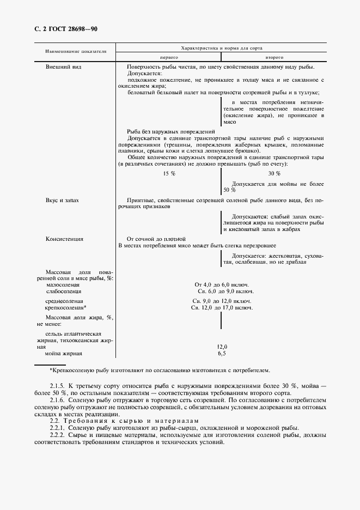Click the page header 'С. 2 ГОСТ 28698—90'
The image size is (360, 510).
63,29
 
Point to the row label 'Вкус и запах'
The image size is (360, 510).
63,200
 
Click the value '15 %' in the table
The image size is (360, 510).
169,173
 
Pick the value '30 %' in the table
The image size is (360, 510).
274,173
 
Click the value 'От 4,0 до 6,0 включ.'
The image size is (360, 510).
222,284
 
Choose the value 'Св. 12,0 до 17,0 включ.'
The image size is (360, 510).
222,308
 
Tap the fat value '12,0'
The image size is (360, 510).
222,347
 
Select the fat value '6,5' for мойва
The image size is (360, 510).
222,354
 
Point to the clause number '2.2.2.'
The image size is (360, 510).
59,435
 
